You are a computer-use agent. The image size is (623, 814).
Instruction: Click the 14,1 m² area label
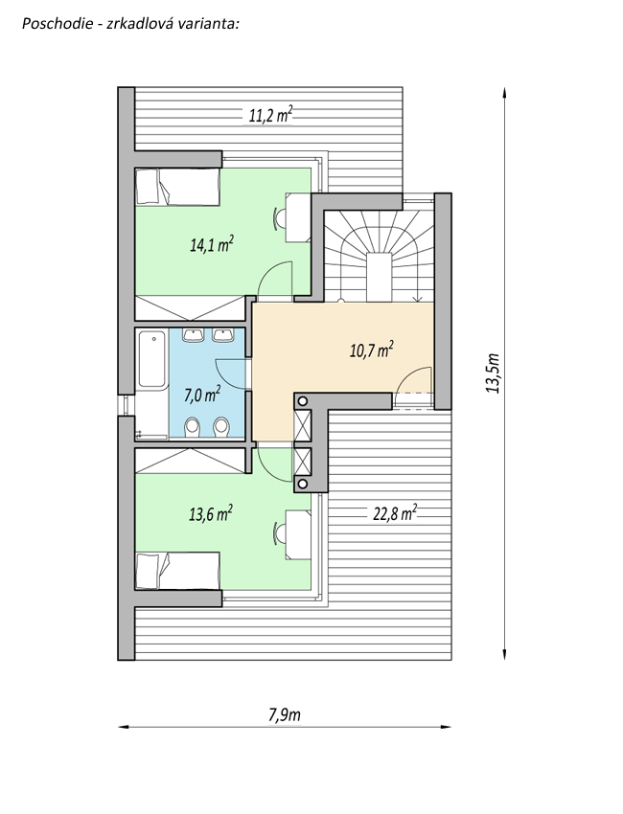coord(212,244)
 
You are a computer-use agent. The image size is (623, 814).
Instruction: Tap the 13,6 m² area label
coord(211,514)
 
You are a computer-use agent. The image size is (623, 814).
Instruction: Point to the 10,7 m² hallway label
coord(372,350)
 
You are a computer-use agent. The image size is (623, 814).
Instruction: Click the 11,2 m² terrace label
coord(270,115)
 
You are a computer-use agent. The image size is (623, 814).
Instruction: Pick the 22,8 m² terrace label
coord(395,513)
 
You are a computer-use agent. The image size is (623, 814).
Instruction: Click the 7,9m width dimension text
coord(285,714)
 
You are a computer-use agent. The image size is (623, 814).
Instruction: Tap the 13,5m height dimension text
coord(493,373)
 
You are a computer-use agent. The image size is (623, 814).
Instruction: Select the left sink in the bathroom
coord(194,335)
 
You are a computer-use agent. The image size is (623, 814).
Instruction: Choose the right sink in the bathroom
coord(223,335)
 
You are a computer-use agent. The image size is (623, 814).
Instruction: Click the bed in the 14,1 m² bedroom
coord(177,187)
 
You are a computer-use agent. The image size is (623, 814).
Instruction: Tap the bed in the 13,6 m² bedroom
coord(177,571)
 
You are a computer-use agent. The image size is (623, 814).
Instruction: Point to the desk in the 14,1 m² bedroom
coord(298,217)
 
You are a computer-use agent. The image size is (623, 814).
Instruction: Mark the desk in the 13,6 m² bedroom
coord(298,534)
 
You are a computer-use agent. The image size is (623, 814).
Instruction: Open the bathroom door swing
coord(230,373)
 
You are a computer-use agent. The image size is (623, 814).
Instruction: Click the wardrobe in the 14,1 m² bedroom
coord(190,307)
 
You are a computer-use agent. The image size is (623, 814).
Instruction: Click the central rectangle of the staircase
coord(380,277)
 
